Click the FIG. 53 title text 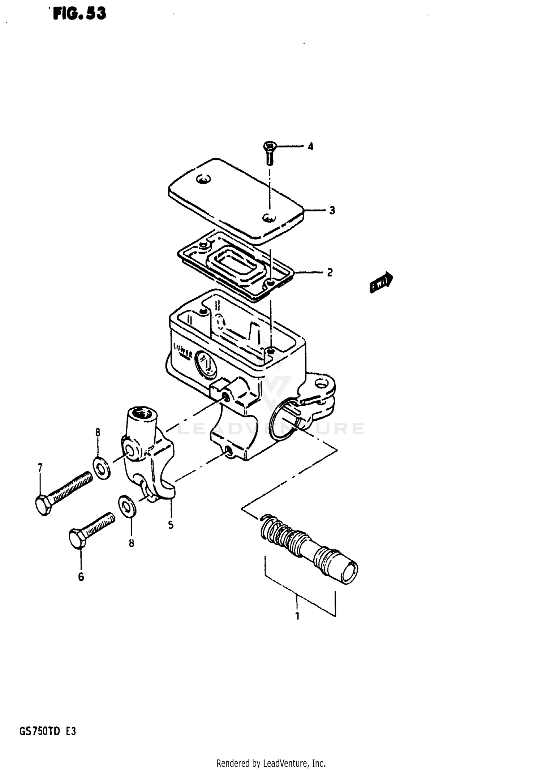79,14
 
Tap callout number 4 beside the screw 310,147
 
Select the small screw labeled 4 269,153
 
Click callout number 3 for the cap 332,210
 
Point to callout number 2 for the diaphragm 329,272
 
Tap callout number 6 81,577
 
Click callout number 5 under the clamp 171,525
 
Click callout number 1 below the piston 297,616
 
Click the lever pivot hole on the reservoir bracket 320,383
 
